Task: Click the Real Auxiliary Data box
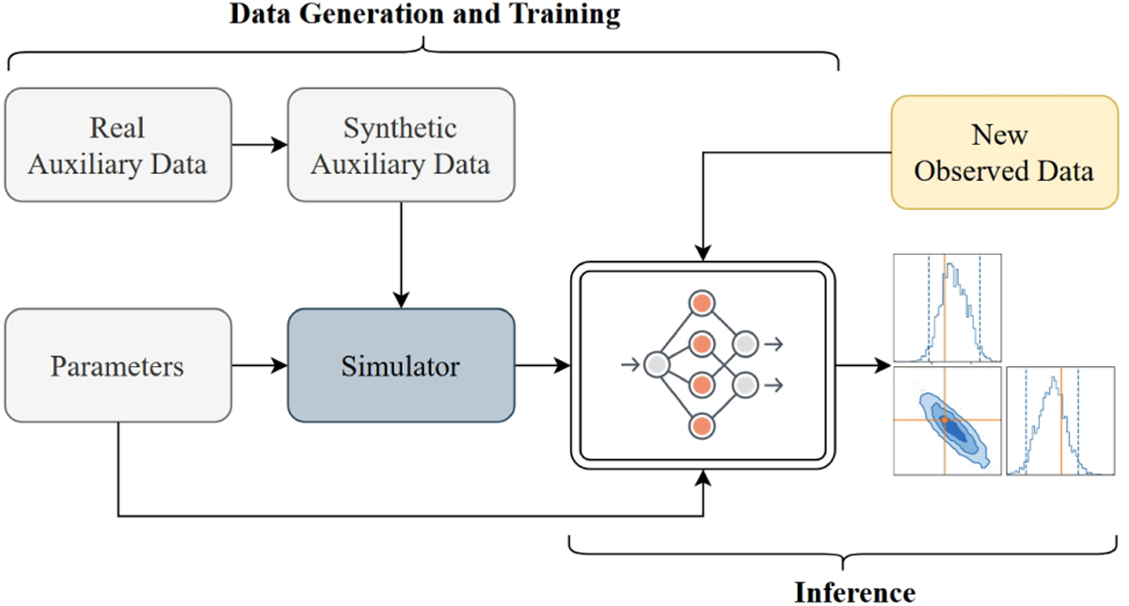pos(119,145)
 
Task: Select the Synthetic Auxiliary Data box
pos(401,145)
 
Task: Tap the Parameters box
pos(119,365)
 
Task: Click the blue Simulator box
pos(401,365)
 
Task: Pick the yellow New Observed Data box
pos(1005,152)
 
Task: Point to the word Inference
pos(853,592)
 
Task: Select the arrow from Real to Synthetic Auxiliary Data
pos(259,145)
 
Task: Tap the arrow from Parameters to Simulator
pos(259,365)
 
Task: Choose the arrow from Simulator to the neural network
pos(542,365)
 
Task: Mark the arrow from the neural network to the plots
pos(860,365)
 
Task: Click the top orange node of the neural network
pos(700,303)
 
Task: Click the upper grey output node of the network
pos(745,344)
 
